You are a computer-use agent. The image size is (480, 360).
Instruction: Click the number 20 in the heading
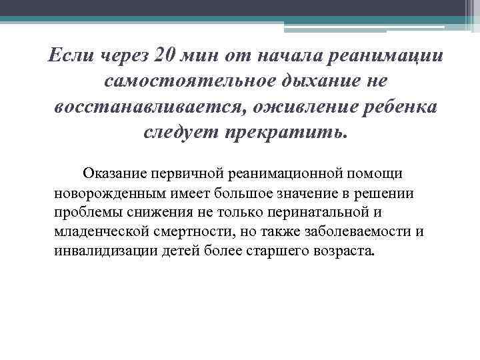pyautogui.click(x=165, y=55)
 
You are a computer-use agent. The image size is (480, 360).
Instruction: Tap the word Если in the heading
pyautogui.click(x=72, y=55)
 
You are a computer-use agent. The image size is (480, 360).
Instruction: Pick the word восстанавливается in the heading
pyautogui.click(x=142, y=109)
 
